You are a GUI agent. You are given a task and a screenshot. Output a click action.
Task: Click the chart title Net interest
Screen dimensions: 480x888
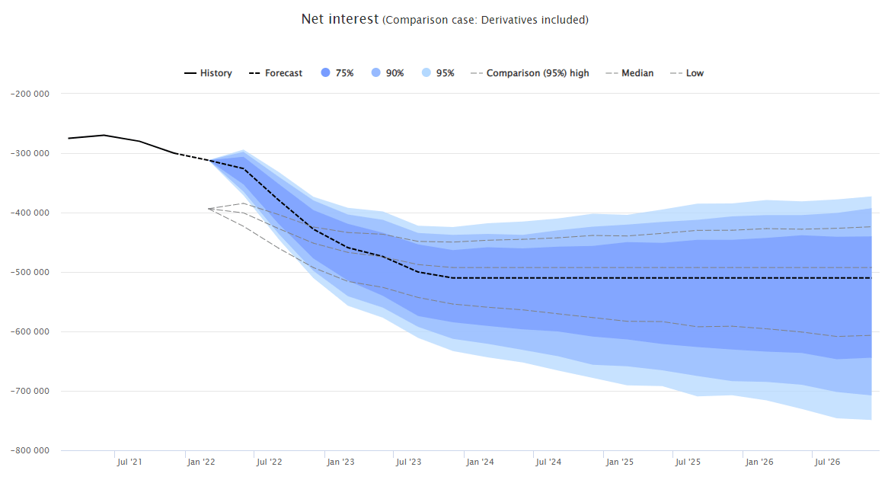[339, 19]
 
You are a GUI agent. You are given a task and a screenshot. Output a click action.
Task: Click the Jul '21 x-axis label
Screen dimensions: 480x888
[129, 462]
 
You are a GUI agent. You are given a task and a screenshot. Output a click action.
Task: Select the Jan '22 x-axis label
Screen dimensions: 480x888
[201, 462]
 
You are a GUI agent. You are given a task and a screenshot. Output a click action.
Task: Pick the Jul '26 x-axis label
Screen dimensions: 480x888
[827, 462]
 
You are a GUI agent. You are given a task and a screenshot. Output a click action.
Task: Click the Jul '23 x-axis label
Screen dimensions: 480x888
[408, 462]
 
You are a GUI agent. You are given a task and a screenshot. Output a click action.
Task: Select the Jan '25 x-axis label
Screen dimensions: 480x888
[619, 462]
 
